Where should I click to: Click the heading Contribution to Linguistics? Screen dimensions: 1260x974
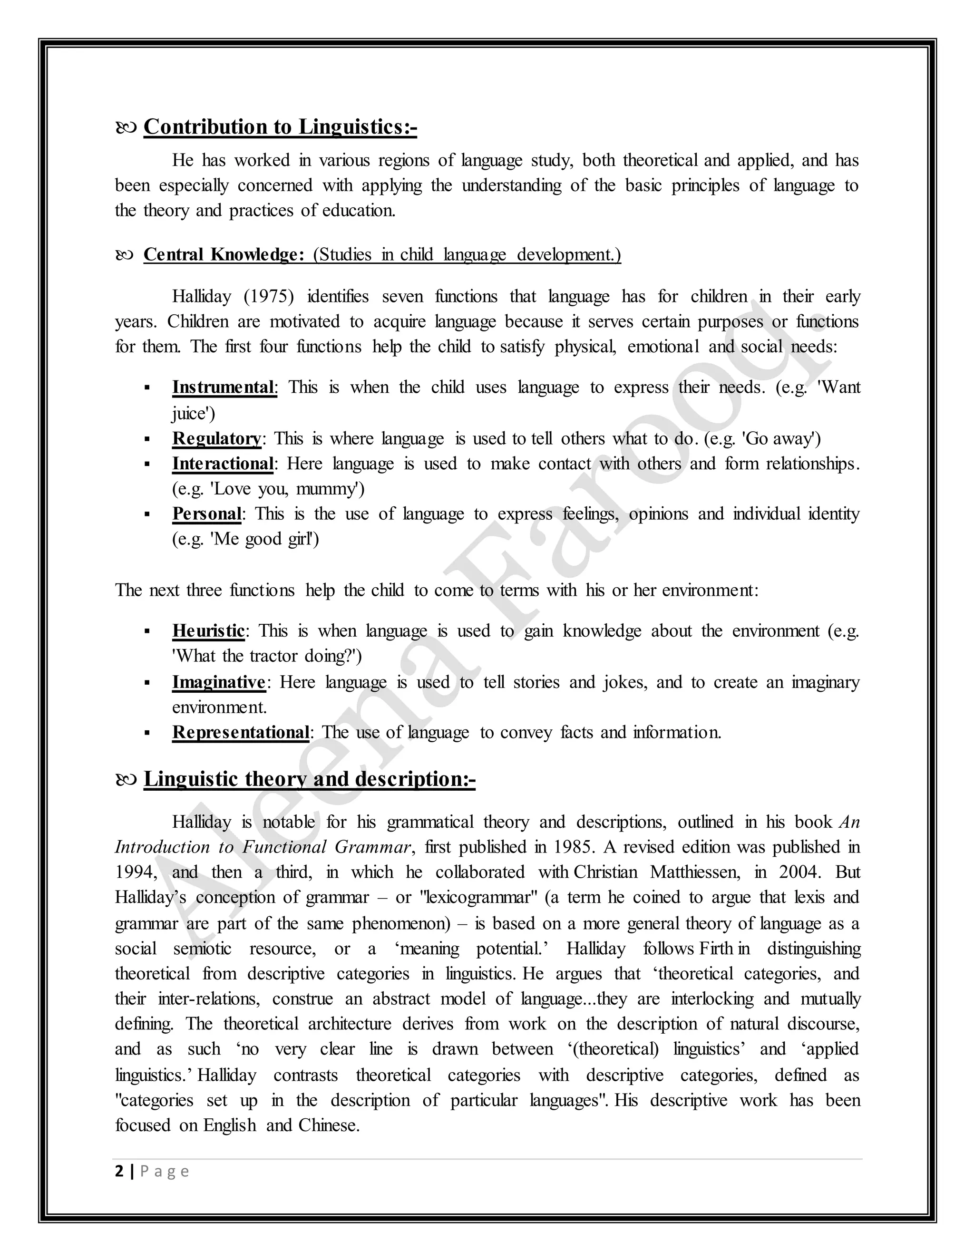[280, 127]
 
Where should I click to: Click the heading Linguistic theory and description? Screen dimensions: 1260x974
[309, 779]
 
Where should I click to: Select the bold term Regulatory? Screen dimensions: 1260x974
[216, 438]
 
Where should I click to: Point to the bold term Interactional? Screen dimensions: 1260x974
[223, 464]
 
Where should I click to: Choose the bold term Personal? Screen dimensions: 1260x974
[206, 514]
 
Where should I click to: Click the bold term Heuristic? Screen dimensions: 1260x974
[208, 630]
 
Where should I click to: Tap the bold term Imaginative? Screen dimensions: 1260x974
[219, 682]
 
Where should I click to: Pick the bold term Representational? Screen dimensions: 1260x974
[241, 732]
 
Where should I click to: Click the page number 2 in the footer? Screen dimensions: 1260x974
[119, 1172]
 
